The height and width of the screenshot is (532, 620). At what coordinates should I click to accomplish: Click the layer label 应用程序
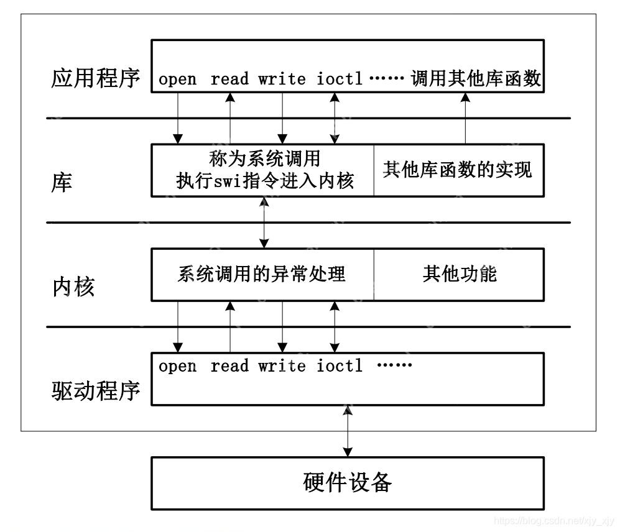95,79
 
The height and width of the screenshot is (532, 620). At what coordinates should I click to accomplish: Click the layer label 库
62,183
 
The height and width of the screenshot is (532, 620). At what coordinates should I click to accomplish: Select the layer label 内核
73,287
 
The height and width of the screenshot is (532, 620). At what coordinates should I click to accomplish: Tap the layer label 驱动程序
95,390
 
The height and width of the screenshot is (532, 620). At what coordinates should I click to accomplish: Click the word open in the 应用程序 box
177,80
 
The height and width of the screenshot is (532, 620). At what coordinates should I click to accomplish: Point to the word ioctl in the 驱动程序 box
339,366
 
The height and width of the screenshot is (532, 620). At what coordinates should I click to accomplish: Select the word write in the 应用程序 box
282,80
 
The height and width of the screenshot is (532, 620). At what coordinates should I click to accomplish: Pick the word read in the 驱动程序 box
229,366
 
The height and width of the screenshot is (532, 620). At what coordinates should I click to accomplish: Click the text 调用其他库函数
476,79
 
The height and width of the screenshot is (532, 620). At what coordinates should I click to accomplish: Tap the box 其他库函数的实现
458,170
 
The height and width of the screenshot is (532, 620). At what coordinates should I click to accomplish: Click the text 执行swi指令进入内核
265,181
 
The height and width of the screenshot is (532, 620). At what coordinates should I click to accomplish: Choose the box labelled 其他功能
459,274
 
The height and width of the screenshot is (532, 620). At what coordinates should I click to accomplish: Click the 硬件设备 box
348,482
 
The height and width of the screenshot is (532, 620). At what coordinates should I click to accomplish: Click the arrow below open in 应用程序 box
178,118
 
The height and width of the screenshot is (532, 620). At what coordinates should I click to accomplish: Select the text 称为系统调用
265,159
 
